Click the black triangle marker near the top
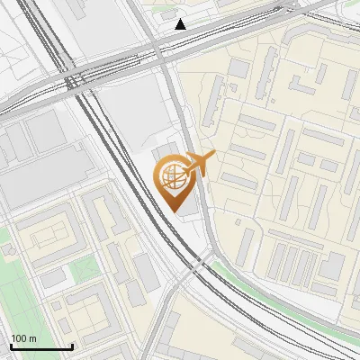(x=181, y=24)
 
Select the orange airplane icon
(x=200, y=164)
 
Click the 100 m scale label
(x=22, y=338)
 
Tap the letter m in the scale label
(x=32, y=338)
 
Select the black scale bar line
(x=41, y=346)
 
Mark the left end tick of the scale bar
(x=11, y=345)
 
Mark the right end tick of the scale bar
(x=72, y=345)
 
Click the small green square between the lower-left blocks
(x=84, y=269)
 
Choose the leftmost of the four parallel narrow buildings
(x=274, y=260)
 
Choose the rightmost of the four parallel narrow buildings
(x=310, y=265)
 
